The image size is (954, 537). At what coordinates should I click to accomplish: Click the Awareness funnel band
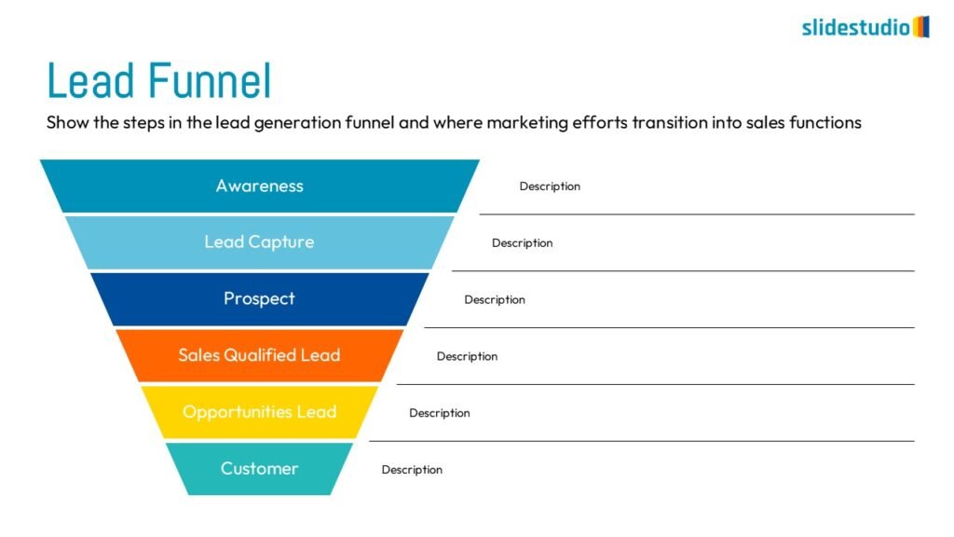[260, 186]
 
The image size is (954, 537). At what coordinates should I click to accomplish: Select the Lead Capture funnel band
[260, 242]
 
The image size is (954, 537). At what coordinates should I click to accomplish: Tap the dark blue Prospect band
[260, 299]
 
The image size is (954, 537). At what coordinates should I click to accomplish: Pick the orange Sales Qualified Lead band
[260, 355]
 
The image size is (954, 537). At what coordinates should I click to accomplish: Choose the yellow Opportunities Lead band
[260, 412]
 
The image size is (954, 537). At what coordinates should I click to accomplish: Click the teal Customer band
[260, 469]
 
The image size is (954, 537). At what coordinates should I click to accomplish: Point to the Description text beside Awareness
[550, 186]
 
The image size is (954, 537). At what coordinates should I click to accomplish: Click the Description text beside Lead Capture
[522, 243]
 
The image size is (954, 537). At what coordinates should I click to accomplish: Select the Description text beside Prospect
[495, 299]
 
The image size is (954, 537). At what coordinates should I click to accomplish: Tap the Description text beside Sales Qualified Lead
[468, 356]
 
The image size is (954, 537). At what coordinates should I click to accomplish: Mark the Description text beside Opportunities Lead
[440, 413]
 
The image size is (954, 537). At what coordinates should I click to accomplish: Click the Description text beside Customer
[412, 470]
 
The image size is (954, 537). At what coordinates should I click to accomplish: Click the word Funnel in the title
[210, 81]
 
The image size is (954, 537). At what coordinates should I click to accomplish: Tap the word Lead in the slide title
[91, 81]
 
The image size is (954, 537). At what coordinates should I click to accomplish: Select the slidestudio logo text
[855, 27]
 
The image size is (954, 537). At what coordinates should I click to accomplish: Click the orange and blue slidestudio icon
[921, 27]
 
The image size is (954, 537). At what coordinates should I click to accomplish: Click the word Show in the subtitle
[67, 122]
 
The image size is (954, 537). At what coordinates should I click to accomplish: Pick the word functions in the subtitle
[825, 122]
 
